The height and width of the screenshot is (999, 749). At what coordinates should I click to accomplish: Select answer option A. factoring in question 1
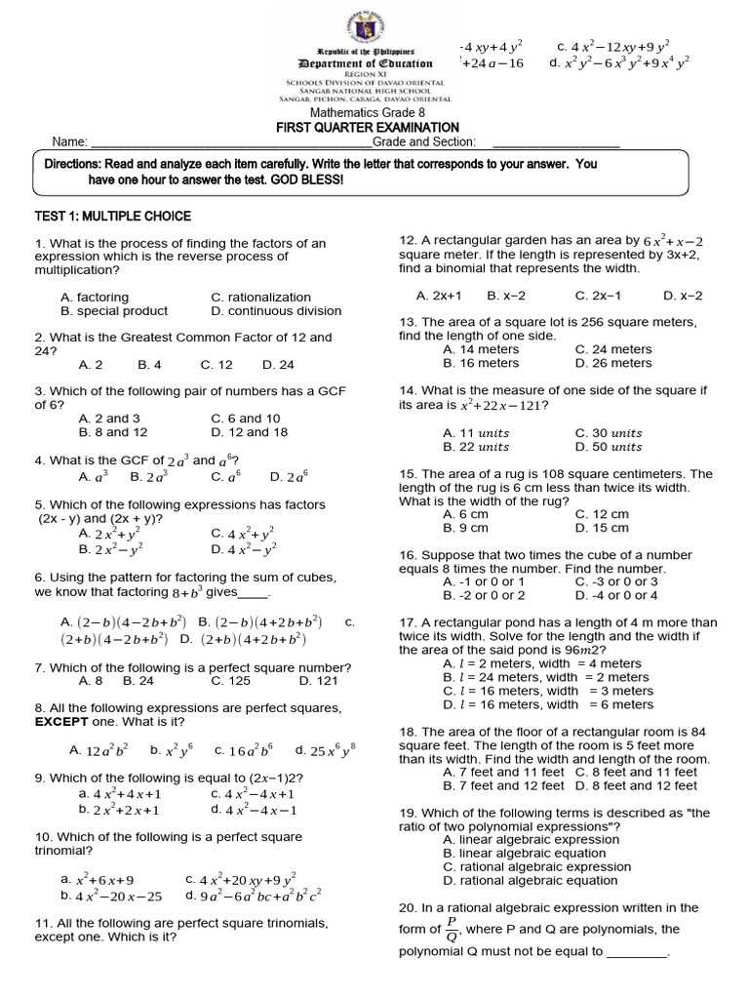[x=95, y=297]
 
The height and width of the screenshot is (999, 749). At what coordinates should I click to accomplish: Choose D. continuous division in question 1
[x=276, y=311]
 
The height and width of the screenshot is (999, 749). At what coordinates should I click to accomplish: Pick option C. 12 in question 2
[x=217, y=365]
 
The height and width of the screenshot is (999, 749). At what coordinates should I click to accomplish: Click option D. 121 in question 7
[x=318, y=681]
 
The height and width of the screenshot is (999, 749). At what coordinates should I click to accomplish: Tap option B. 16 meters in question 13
[x=481, y=363]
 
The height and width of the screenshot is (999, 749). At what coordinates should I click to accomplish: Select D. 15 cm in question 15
[x=602, y=528]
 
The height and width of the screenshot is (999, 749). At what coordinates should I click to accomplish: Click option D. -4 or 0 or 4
[x=616, y=595]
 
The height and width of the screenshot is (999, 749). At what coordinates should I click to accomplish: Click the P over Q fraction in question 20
[x=452, y=930]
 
